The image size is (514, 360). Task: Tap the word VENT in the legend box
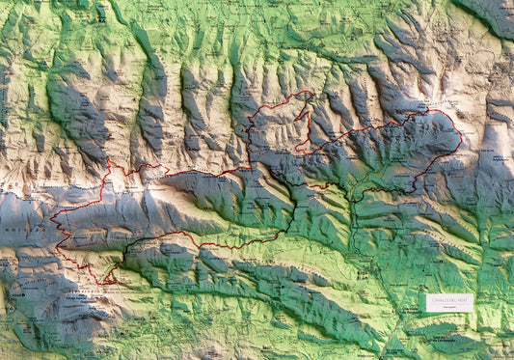pos(461,300)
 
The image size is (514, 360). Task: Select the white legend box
pos(449,302)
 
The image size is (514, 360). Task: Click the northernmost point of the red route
pos(309,92)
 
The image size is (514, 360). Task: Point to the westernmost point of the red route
pos(50,215)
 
